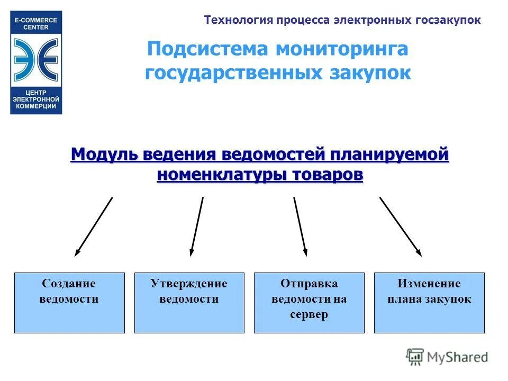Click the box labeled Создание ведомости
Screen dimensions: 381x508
(69, 303)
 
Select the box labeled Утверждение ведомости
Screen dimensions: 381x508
(189, 303)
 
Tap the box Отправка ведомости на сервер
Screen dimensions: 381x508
(309, 303)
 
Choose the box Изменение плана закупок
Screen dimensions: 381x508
(429, 303)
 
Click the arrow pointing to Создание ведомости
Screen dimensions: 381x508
(94, 226)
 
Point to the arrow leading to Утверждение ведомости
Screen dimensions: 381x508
(197, 226)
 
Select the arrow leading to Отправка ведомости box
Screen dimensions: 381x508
(300, 226)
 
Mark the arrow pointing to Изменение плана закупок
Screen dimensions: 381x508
(401, 226)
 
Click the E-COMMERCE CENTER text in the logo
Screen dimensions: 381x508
(36, 24)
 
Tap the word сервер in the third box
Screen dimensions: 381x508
(309, 314)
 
